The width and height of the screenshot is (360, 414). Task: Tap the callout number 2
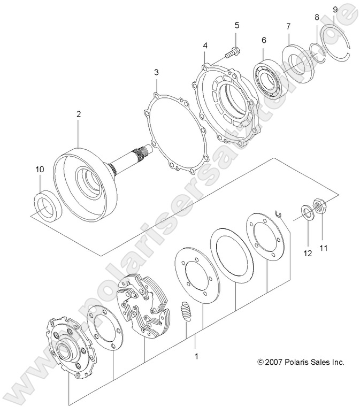[x=78, y=114]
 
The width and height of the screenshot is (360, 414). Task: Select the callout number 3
[x=156, y=72]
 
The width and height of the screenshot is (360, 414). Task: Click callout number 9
[x=335, y=10]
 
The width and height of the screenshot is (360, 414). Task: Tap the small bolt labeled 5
[x=232, y=52]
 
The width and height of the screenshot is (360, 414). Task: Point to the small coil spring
[x=186, y=311]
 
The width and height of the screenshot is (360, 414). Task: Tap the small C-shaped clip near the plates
[x=277, y=213]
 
